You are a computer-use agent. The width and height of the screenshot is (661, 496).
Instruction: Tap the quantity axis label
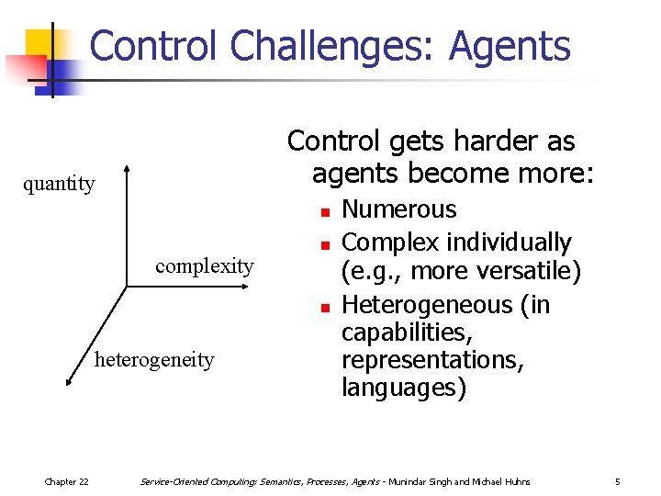coord(59,184)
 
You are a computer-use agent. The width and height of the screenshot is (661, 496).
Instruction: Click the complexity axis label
coord(204,266)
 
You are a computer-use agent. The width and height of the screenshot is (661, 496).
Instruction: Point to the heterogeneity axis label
coord(154,360)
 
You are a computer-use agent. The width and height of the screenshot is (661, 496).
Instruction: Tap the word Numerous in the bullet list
coord(398,210)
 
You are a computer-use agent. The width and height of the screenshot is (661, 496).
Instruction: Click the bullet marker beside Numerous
coord(324,213)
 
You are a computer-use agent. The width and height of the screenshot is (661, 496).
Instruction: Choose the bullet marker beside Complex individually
coord(324,246)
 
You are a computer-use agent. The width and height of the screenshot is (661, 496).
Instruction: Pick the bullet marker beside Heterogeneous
coord(324,308)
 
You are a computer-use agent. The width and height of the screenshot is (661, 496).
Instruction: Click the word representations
coord(432,360)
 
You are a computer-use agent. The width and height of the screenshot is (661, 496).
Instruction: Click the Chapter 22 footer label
coord(67,482)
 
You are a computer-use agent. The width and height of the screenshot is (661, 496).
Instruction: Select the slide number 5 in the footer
coord(618,482)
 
